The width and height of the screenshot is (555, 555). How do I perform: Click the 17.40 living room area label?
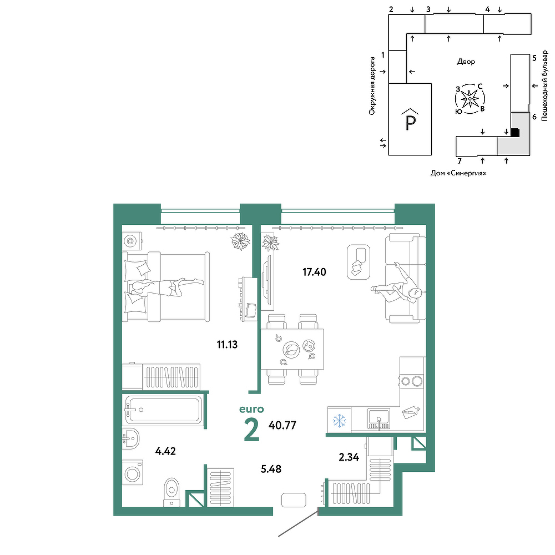(x=314, y=272)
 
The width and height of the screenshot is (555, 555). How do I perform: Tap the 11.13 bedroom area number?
(x=227, y=345)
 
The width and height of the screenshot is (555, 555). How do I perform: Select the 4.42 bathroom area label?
(x=165, y=451)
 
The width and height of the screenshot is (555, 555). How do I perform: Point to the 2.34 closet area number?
(x=349, y=457)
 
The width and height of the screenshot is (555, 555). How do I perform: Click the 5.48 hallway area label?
(x=271, y=469)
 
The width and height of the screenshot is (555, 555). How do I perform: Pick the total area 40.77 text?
(x=282, y=425)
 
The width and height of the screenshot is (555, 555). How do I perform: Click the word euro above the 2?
(x=251, y=409)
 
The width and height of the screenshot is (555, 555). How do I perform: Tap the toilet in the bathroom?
(x=172, y=492)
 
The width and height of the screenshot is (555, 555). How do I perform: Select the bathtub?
(x=163, y=410)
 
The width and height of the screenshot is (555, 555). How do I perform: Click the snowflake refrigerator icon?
(x=339, y=421)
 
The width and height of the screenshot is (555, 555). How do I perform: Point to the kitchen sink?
(x=379, y=418)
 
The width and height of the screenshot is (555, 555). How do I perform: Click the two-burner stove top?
(x=411, y=381)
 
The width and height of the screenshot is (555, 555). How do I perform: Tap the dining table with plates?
(x=292, y=349)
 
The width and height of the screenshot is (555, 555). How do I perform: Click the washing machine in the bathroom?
(x=133, y=473)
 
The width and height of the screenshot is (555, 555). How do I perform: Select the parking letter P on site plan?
(x=410, y=123)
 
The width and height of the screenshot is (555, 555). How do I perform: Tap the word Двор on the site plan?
(x=466, y=62)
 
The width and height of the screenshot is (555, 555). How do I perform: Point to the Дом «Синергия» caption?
(x=458, y=173)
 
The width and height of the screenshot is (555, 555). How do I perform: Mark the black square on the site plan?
(x=515, y=133)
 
